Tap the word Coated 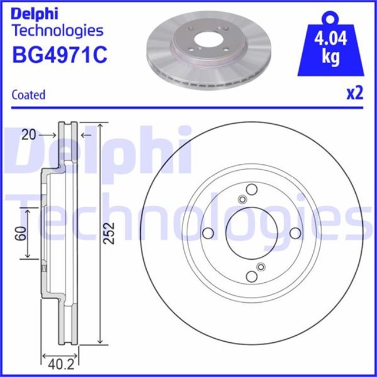click(28, 95)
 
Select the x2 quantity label click(354, 94)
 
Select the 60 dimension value click(21, 233)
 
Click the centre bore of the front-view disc click(250, 233)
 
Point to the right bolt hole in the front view click(294, 233)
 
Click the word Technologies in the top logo click(58, 30)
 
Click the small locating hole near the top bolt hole click(242, 199)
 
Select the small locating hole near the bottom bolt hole click(260, 267)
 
